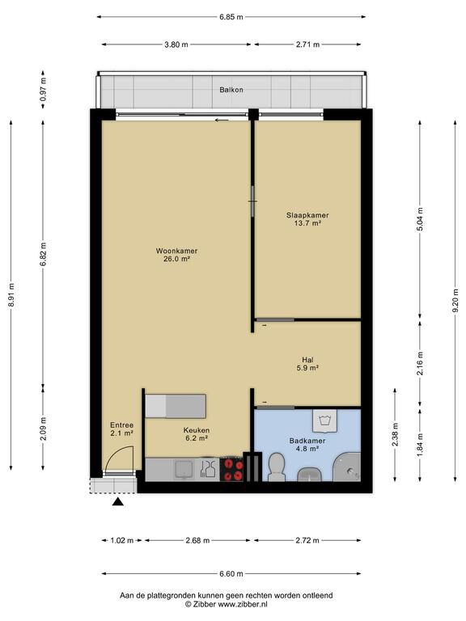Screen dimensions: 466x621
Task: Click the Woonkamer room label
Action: pyautogui.click(x=176, y=255)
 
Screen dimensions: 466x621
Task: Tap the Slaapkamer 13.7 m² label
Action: pyautogui.click(x=307, y=219)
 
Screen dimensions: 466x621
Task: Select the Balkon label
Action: pyautogui.click(x=231, y=90)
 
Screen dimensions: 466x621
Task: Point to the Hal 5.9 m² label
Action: pyautogui.click(x=308, y=364)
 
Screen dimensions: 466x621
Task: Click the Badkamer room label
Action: pyautogui.click(x=307, y=445)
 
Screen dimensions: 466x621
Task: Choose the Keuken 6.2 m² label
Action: pyautogui.click(x=197, y=434)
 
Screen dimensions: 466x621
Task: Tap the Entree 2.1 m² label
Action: pyautogui.click(x=121, y=429)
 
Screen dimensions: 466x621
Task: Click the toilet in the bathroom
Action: pyautogui.click(x=277, y=467)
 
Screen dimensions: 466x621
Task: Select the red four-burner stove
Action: pyautogui.click(x=231, y=469)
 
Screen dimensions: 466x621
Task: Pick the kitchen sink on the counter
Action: pyautogui.click(x=184, y=469)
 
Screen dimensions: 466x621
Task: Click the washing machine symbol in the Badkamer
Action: pyautogui.click(x=324, y=420)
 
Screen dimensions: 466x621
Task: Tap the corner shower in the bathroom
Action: pyautogui.click(x=347, y=467)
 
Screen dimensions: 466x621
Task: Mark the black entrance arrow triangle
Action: pyautogui.click(x=118, y=502)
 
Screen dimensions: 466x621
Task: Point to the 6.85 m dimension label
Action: pyautogui.click(x=231, y=17)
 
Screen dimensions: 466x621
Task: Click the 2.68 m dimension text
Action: pyautogui.click(x=197, y=540)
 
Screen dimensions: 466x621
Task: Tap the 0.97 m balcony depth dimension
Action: pyautogui.click(x=43, y=89)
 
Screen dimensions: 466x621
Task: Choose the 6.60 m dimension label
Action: pyautogui.click(x=231, y=573)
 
